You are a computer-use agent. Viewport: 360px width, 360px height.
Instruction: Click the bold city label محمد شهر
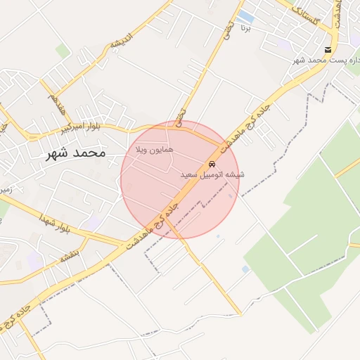[x=74, y=153]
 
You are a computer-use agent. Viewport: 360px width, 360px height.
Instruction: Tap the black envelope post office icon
[x=328, y=49]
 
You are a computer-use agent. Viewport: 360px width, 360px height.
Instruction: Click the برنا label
[x=245, y=29]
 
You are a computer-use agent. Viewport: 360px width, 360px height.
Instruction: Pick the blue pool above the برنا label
[x=246, y=15]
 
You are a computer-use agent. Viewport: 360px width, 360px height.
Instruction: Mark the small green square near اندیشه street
[x=63, y=51]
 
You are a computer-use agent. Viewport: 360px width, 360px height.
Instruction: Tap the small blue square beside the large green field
[x=245, y=269]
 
